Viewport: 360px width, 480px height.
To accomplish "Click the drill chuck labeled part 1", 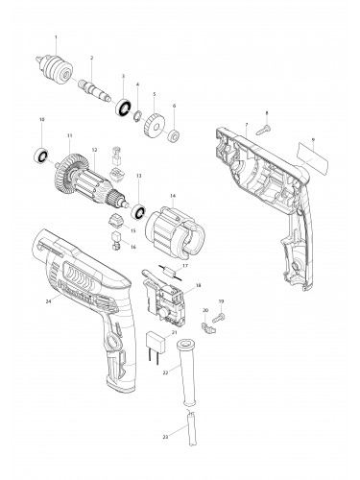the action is click(x=54, y=67).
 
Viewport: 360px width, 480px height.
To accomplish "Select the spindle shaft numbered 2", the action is click(x=94, y=90).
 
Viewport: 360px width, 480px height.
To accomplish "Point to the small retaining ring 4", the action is click(x=138, y=115).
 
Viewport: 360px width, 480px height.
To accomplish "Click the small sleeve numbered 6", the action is click(x=174, y=136).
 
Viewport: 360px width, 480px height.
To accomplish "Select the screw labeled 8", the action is click(x=263, y=130).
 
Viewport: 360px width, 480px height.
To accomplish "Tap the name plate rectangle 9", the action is click(x=312, y=158).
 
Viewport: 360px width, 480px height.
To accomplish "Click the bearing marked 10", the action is click(x=41, y=156).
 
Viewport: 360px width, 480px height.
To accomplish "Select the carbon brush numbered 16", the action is click(x=115, y=242).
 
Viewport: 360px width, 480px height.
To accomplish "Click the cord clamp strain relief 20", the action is click(x=208, y=327).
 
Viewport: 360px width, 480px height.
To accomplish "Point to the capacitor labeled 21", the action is click(x=156, y=345).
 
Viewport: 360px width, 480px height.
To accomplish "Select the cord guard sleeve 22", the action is click(x=186, y=372).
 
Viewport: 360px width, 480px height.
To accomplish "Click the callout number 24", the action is click(x=49, y=301).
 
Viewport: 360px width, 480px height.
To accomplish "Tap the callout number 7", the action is click(x=247, y=124).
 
